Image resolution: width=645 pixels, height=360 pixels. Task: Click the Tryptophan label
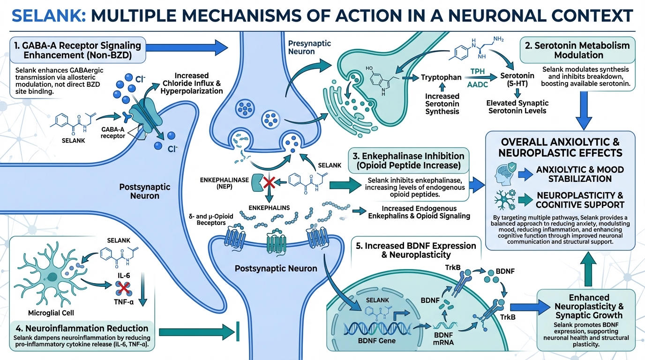(x=442, y=77)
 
